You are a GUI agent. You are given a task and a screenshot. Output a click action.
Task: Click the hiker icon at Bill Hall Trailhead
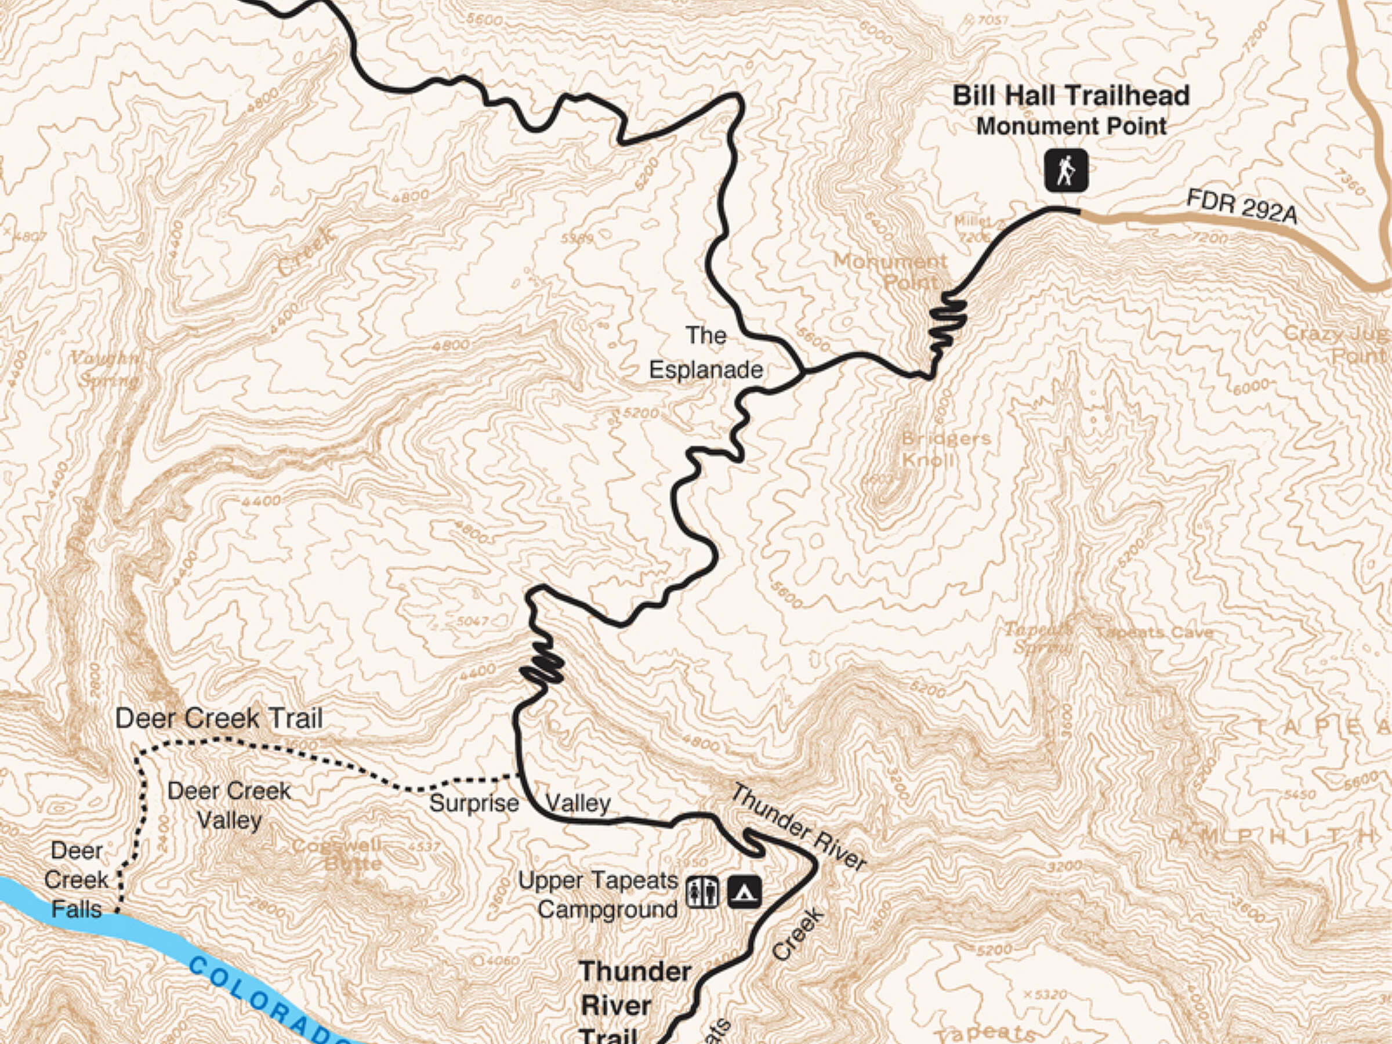coord(1066,170)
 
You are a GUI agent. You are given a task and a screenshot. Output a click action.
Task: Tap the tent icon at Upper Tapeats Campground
coord(745,893)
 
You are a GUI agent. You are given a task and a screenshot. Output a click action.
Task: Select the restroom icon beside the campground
coord(702,893)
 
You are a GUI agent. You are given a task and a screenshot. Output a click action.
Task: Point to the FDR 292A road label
coord(1241,206)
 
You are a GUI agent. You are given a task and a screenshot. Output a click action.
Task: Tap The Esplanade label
coord(706,353)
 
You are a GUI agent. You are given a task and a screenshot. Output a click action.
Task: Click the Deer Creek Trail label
coord(219,719)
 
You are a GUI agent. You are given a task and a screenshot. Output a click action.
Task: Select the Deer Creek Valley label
coord(229,806)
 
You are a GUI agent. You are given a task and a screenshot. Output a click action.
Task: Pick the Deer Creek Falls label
coord(76,880)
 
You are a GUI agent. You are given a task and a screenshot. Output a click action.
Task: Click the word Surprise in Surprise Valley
coord(474,804)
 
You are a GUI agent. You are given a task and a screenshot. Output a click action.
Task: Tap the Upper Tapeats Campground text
coord(598,895)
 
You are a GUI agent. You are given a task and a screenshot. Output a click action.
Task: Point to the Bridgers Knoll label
coord(945,449)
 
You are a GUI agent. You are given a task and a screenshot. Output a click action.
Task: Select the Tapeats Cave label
coord(1154,632)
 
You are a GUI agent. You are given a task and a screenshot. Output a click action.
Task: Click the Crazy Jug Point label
coord(1340,343)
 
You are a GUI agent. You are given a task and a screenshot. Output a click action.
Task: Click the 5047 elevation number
coord(473,621)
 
